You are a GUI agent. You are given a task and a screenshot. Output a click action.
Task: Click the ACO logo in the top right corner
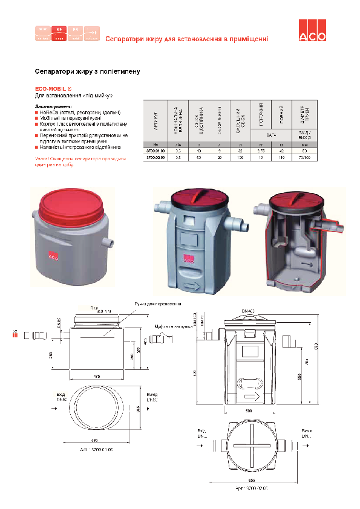312,34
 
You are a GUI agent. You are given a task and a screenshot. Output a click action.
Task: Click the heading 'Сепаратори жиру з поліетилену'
88,71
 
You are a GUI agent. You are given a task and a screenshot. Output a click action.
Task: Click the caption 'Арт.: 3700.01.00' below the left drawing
97,450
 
